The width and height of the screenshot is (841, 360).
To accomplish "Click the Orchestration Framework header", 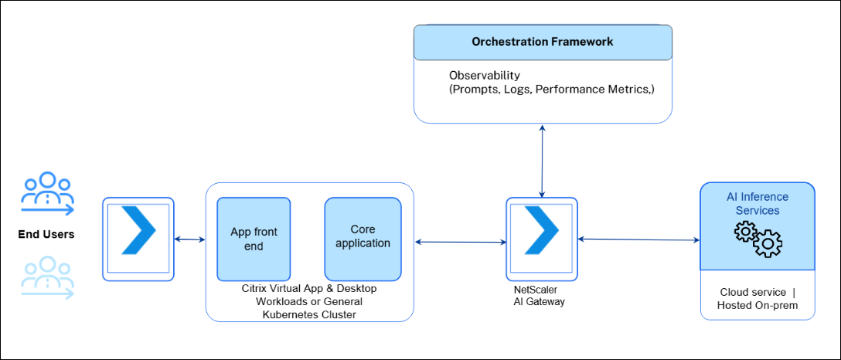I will coord(542,42).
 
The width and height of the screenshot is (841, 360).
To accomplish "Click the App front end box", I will coord(254,239).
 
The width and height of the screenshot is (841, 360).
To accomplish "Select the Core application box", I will coord(363,239).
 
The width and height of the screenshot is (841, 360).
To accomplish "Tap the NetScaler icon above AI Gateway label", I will coord(542,239).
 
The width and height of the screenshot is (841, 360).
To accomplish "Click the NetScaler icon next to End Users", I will coord(138,239).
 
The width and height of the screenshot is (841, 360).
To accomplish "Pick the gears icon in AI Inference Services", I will coord(758,239).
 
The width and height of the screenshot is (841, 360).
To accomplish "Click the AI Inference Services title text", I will coord(758,203).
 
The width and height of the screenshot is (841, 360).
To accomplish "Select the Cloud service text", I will coord(752,292).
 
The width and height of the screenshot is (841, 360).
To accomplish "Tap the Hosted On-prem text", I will coord(757,305).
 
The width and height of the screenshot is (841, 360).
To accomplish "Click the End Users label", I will coord(46,234).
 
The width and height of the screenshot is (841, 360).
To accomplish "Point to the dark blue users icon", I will coord(47,194).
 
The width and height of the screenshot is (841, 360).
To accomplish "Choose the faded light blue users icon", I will coord(47,277).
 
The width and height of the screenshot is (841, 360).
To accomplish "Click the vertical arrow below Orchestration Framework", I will coord(542,160).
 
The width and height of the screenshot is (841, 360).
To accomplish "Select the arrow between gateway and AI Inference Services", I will coord(638,240).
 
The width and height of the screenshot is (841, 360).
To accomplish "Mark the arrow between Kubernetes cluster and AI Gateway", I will coord(460,243).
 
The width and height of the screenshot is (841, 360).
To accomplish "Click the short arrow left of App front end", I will coord(190,239).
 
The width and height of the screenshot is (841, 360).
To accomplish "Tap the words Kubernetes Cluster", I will coord(308,313).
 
